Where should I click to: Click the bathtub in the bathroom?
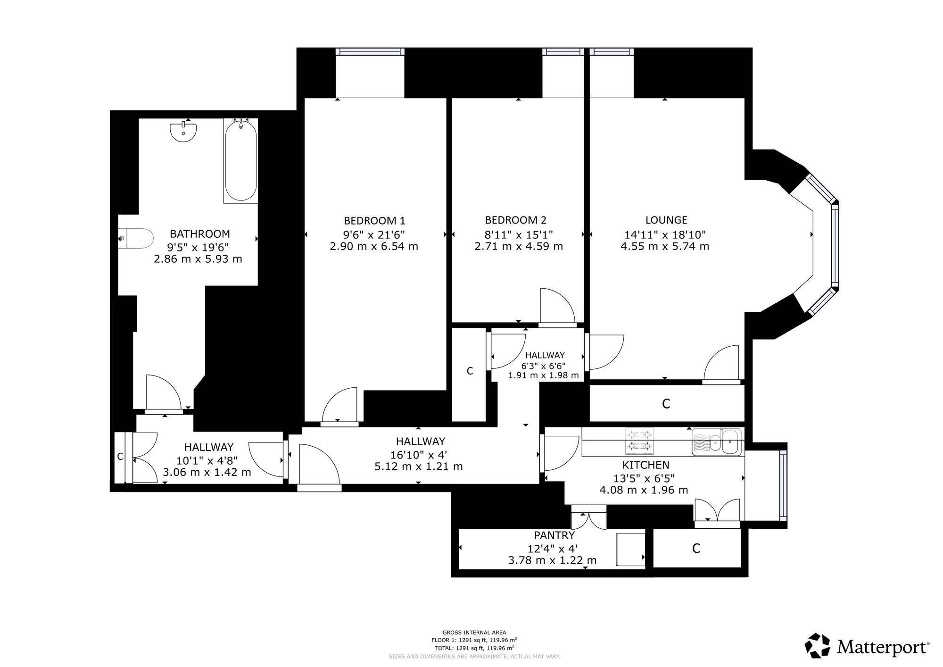(240, 160)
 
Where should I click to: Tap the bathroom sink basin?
(183, 132)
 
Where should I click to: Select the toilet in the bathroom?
(136, 239)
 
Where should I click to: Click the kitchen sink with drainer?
(717, 442)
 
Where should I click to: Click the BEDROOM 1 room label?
(374, 220)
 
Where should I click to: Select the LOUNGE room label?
(666, 220)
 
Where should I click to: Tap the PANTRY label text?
(554, 535)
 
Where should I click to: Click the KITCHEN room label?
(645, 465)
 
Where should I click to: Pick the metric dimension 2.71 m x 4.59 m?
(519, 246)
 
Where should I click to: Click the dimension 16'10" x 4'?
(418, 455)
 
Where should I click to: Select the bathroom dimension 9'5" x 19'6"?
(198, 247)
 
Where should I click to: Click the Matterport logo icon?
(818, 645)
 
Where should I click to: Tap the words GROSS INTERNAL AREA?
(474, 633)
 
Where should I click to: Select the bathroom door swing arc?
(164, 392)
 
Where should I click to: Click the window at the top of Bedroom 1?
(370, 52)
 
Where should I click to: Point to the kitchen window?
(783, 485)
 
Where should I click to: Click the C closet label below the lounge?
(666, 404)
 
